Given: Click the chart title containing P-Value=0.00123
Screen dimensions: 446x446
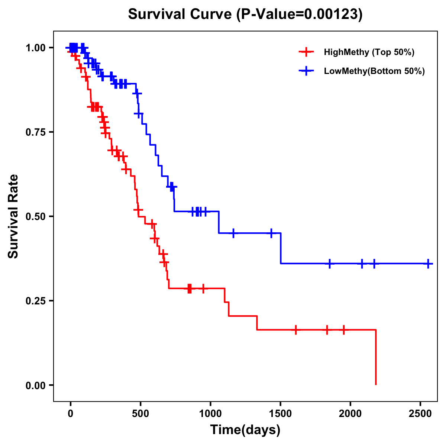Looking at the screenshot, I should (x=245, y=14).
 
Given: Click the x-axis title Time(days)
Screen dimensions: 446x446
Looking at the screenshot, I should (x=245, y=430).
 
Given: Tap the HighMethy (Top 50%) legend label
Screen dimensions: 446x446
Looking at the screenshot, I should (x=369, y=52).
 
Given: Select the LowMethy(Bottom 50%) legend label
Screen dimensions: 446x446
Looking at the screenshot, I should (x=374, y=71).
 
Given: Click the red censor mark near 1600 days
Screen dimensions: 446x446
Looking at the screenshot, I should (x=296, y=330).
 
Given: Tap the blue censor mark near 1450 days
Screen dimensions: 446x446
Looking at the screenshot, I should (x=271, y=233).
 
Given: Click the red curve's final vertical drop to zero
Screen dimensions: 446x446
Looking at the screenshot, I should (x=376, y=357).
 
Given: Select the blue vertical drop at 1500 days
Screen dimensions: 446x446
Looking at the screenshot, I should (x=281, y=248).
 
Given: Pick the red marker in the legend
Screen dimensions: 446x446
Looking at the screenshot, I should (x=306, y=52).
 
